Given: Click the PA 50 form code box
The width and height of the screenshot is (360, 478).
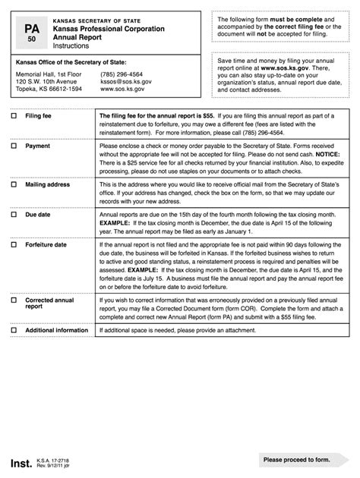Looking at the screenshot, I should coord(31,32).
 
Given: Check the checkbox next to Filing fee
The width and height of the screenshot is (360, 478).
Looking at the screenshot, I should coord(14,116).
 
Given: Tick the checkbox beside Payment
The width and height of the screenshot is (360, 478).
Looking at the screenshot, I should coord(14,146).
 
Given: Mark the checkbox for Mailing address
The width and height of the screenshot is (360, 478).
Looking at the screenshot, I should coord(14,184).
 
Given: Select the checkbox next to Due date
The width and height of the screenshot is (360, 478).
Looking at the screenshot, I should coord(14,215).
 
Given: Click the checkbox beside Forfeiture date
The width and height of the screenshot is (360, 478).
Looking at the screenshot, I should coord(14,245).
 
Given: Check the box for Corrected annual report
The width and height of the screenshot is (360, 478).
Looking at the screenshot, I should coord(14,300).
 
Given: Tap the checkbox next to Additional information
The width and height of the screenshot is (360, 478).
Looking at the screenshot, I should coord(14,331).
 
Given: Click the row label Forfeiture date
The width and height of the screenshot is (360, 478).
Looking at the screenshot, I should coord(46,245).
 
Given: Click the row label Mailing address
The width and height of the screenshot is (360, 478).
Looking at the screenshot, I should coord(47,184).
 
